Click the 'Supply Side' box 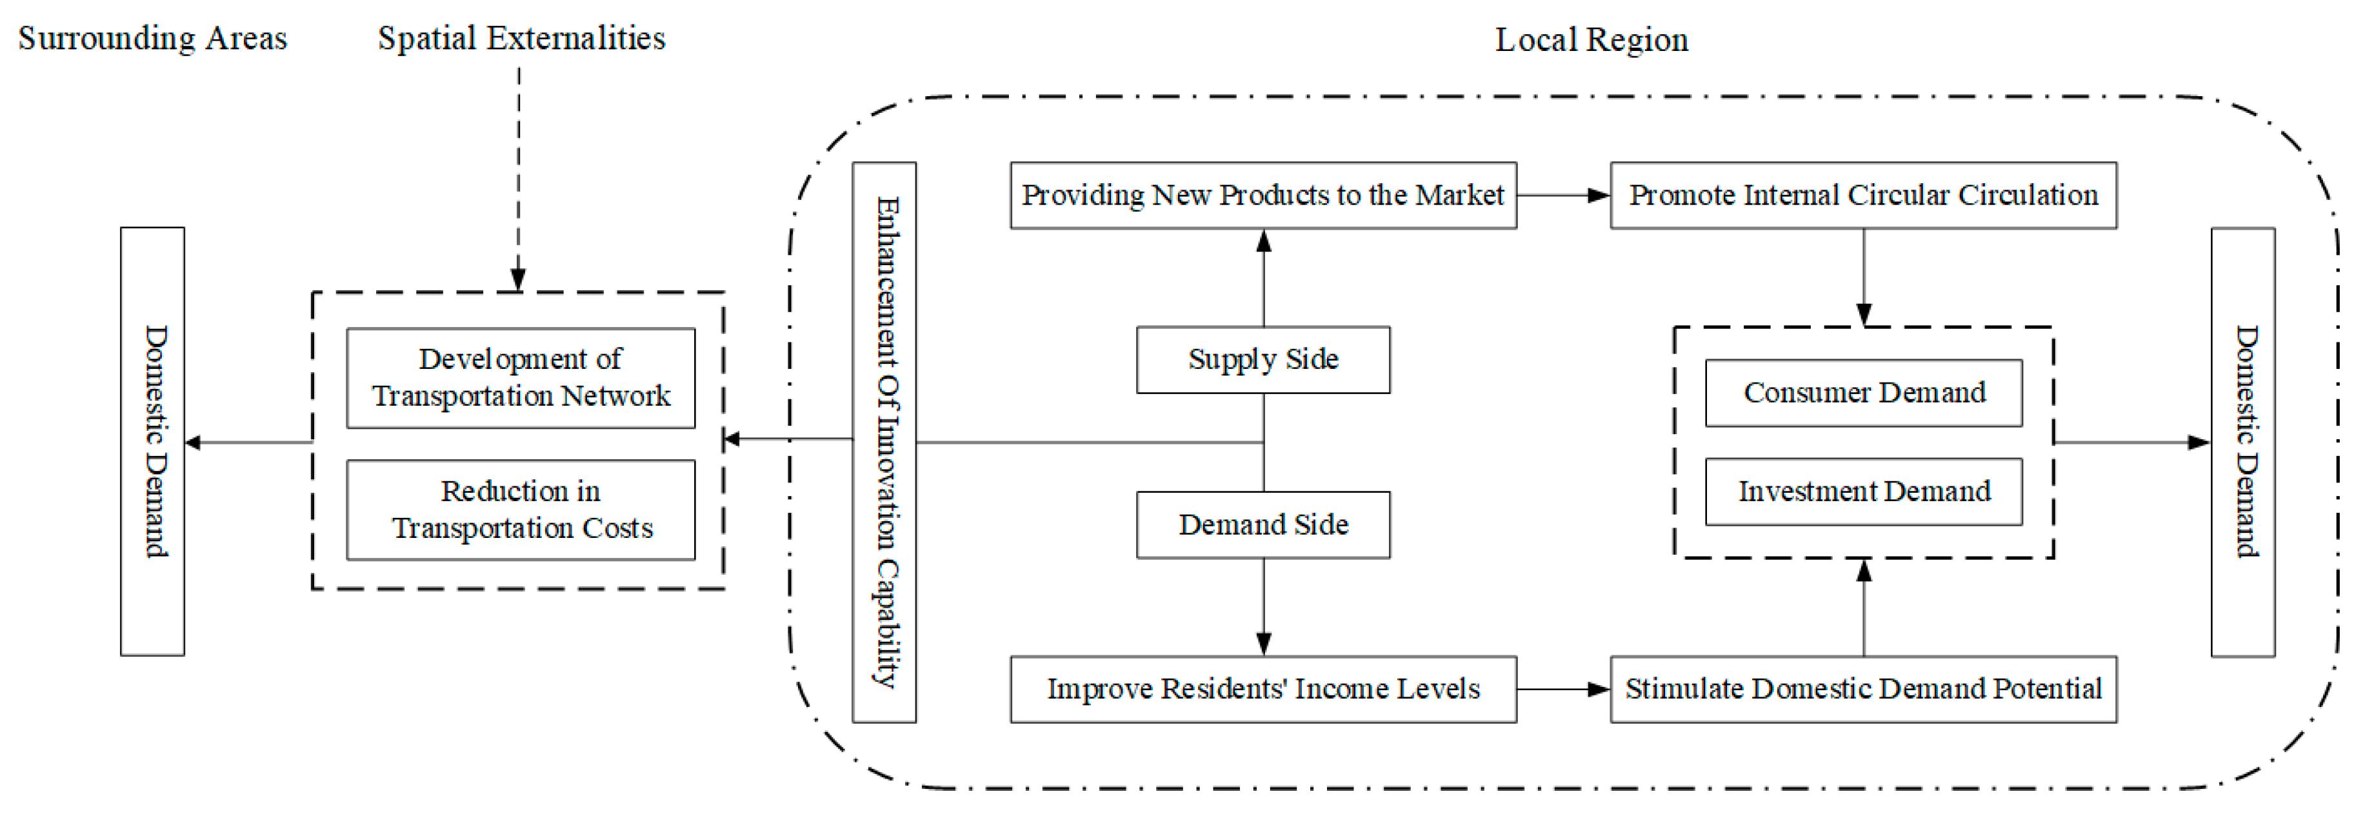click(x=1262, y=360)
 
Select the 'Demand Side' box click(x=1262, y=525)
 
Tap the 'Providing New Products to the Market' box click(x=1262, y=195)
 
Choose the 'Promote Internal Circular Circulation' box click(x=1863, y=195)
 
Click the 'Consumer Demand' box click(x=1863, y=393)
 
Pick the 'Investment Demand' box click(x=1863, y=492)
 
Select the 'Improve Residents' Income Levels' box click(x=1262, y=690)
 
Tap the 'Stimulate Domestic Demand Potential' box click(x=1863, y=690)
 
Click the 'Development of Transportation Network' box click(x=521, y=377)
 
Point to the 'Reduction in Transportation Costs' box click(x=521, y=510)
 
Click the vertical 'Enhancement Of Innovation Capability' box click(x=884, y=442)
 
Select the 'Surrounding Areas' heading click(x=152, y=39)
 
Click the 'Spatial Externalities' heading click(x=521, y=39)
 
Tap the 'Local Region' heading click(x=1591, y=41)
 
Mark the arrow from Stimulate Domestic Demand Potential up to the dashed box click(x=1864, y=606)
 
